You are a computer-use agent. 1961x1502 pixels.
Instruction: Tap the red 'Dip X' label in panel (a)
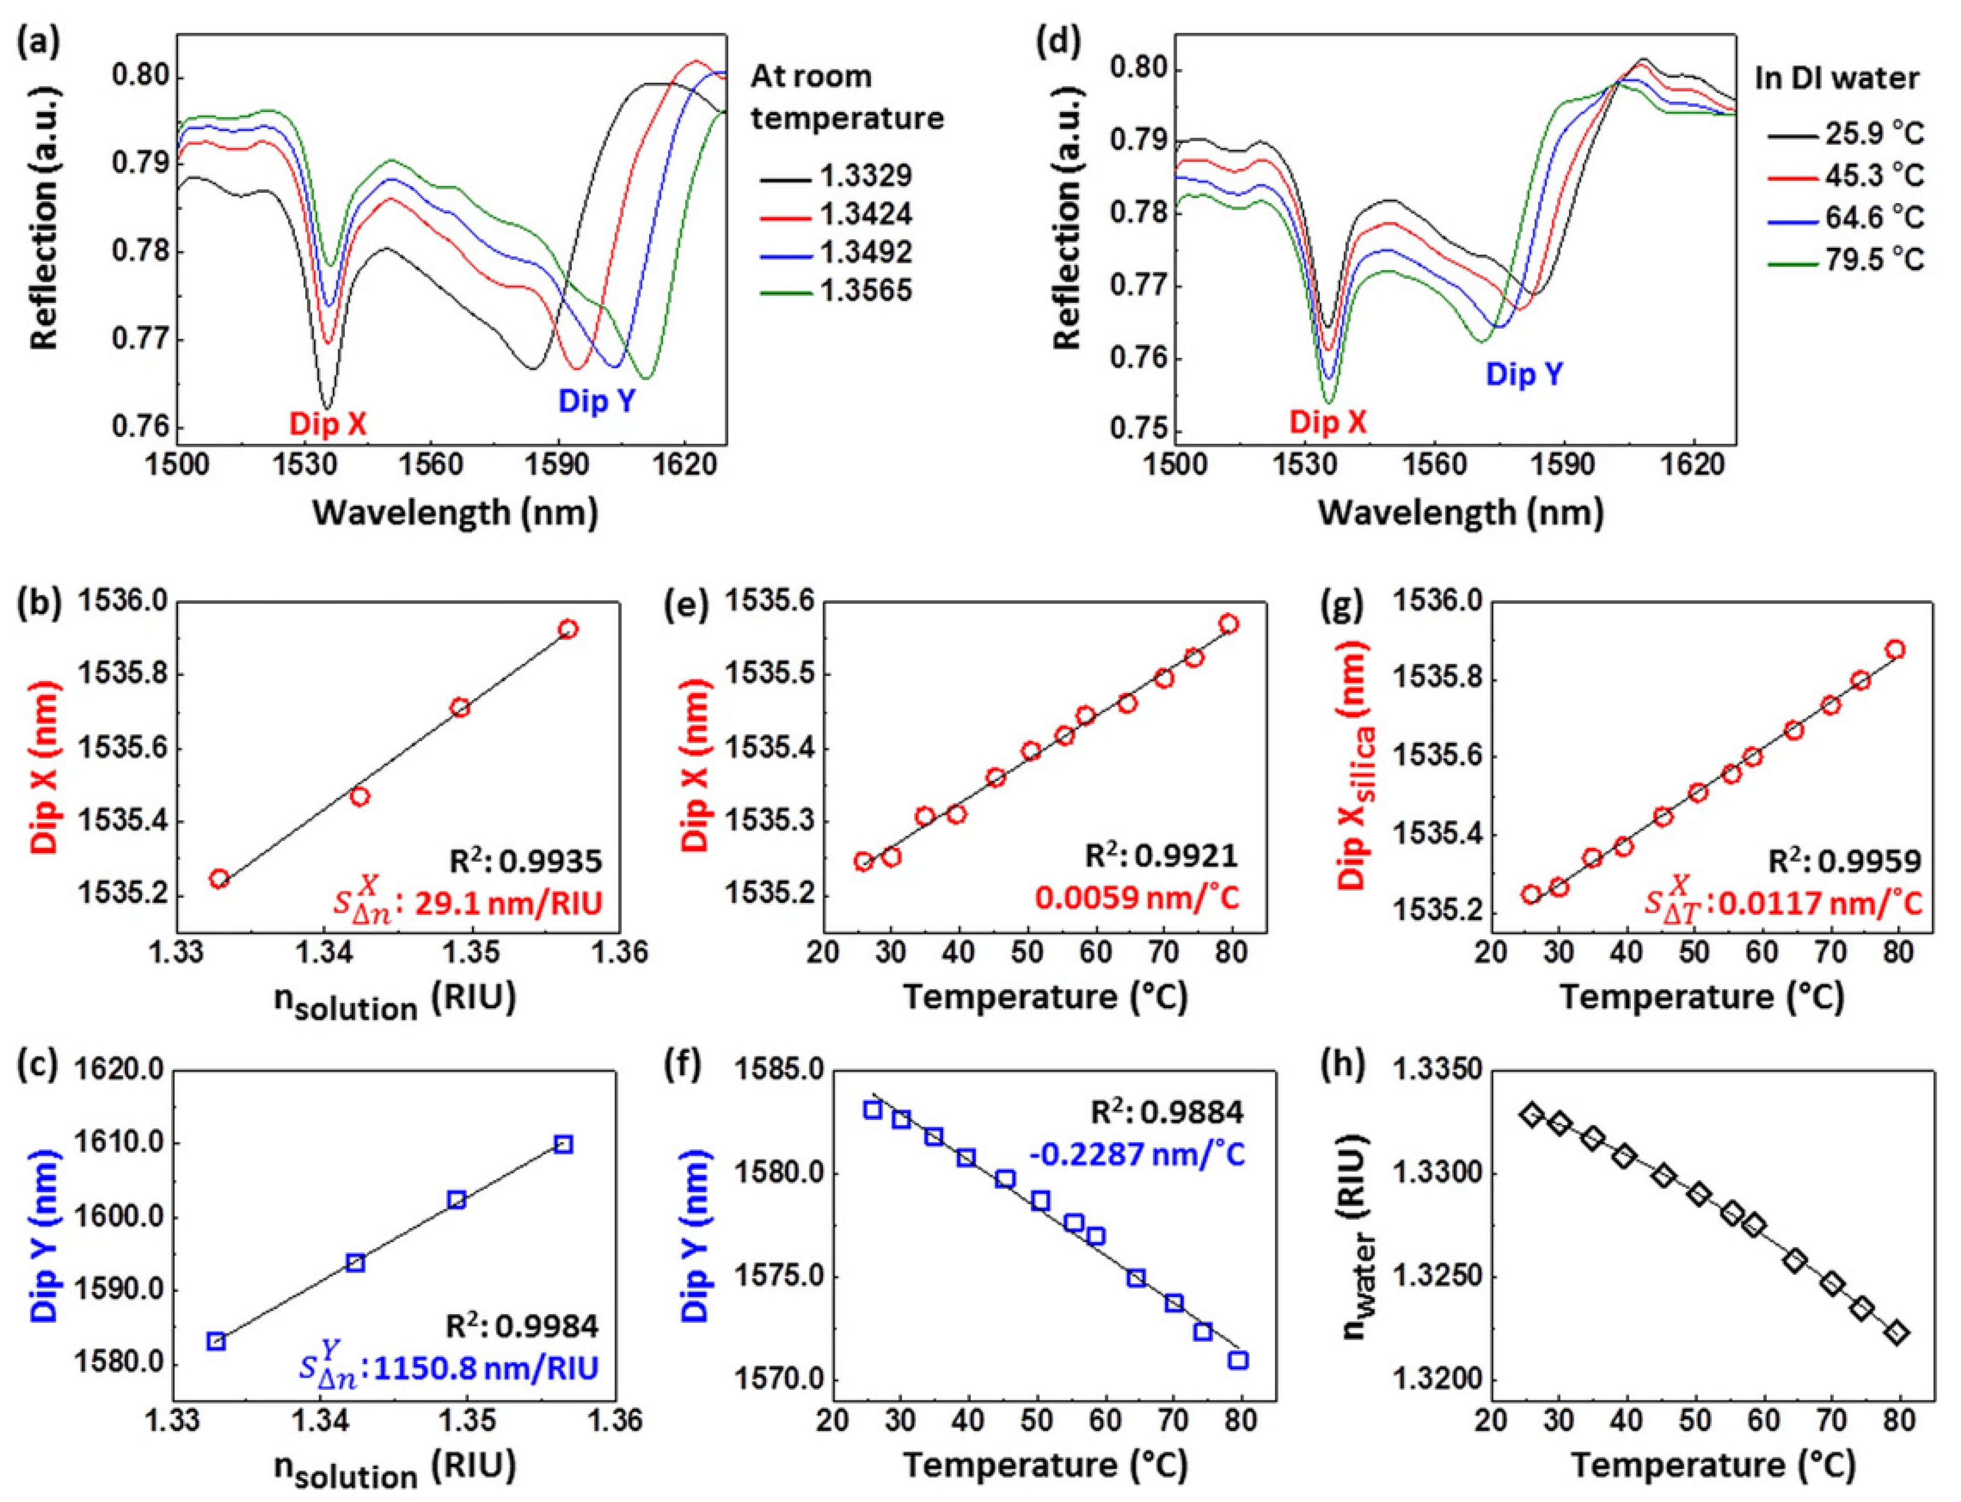tap(327, 425)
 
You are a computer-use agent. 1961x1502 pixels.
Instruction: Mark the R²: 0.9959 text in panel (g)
tap(1845, 861)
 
